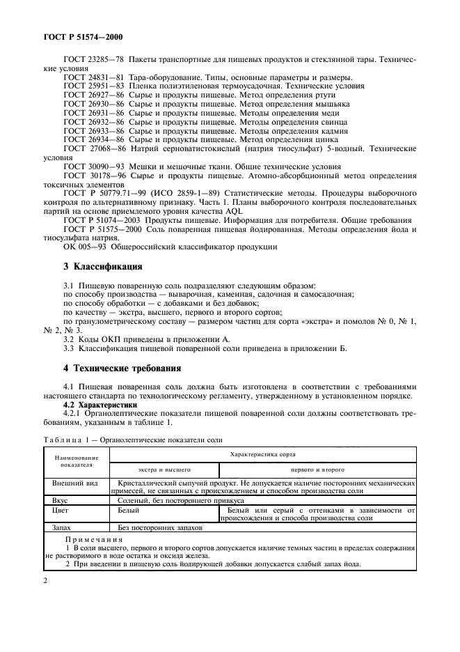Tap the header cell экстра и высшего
[x=164, y=469]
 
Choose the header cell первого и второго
[x=317, y=469]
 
